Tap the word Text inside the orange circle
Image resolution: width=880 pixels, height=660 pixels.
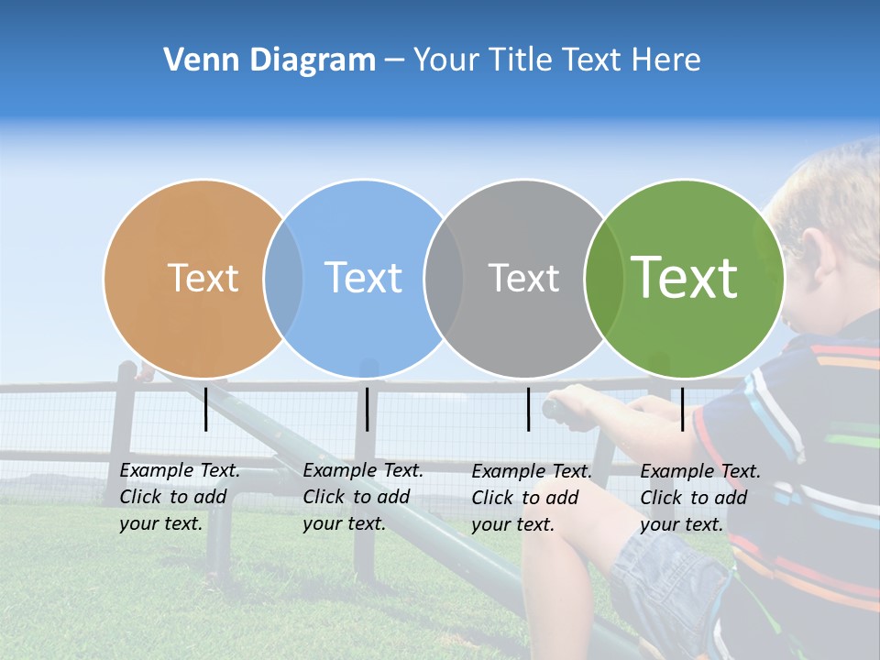pyautogui.click(x=203, y=278)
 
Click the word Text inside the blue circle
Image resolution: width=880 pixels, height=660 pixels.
pyautogui.click(x=363, y=278)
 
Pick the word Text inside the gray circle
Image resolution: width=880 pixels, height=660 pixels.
pyautogui.click(x=523, y=278)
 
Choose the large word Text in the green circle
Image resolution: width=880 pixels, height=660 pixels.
pyautogui.click(x=685, y=278)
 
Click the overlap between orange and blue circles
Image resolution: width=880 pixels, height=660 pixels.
pyautogui.click(x=283, y=278)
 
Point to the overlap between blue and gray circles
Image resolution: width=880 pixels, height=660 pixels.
pyautogui.click(x=444, y=278)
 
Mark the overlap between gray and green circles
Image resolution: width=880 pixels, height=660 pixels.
pyautogui.click(x=601, y=278)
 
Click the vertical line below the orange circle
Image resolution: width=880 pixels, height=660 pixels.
pyautogui.click(x=205, y=409)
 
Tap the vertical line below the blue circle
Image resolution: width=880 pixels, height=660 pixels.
pyautogui.click(x=367, y=409)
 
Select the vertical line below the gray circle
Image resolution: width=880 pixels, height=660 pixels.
pyautogui.click(x=528, y=409)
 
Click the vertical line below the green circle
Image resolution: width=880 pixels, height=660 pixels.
pyautogui.click(x=682, y=409)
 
